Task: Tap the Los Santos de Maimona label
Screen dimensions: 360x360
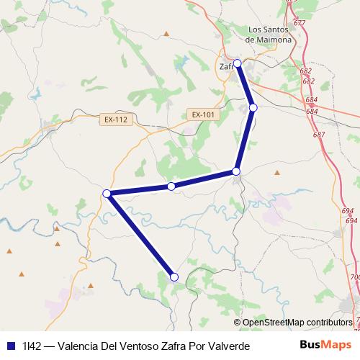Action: pyautogui.click(x=269, y=35)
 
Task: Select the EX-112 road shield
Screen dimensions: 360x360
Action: pyautogui.click(x=115, y=120)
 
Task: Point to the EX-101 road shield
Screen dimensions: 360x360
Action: pyautogui.click(x=204, y=114)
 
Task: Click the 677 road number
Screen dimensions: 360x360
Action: pyautogui.click(x=300, y=24)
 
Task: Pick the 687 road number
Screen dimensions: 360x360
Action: pyautogui.click(x=319, y=135)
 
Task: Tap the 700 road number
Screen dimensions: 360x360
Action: pyautogui.click(x=354, y=277)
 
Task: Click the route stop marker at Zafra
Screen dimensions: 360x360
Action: pyautogui.click(x=238, y=63)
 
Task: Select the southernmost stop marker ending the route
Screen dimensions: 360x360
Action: pyautogui.click(x=174, y=276)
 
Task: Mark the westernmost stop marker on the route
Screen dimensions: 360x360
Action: pyautogui.click(x=107, y=193)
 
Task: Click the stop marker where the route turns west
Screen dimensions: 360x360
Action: pyautogui.click(x=236, y=171)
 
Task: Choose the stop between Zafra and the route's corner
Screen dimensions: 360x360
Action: pyautogui.click(x=253, y=107)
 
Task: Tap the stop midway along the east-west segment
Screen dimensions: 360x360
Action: pyautogui.click(x=171, y=186)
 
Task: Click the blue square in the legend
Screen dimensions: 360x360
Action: pyautogui.click(x=10, y=346)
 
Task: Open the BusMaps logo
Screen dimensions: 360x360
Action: pyautogui.click(x=325, y=345)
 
